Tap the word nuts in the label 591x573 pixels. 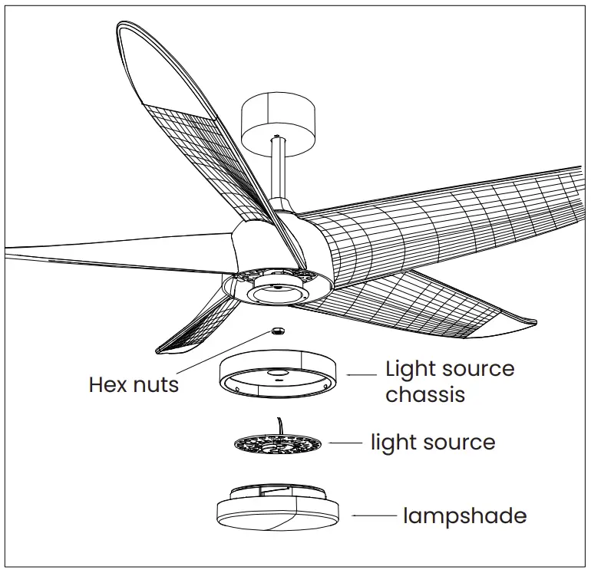155,384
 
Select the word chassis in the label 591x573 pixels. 425,394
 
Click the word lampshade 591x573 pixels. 465,515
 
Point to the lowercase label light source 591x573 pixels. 433,443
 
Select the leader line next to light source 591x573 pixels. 345,443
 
